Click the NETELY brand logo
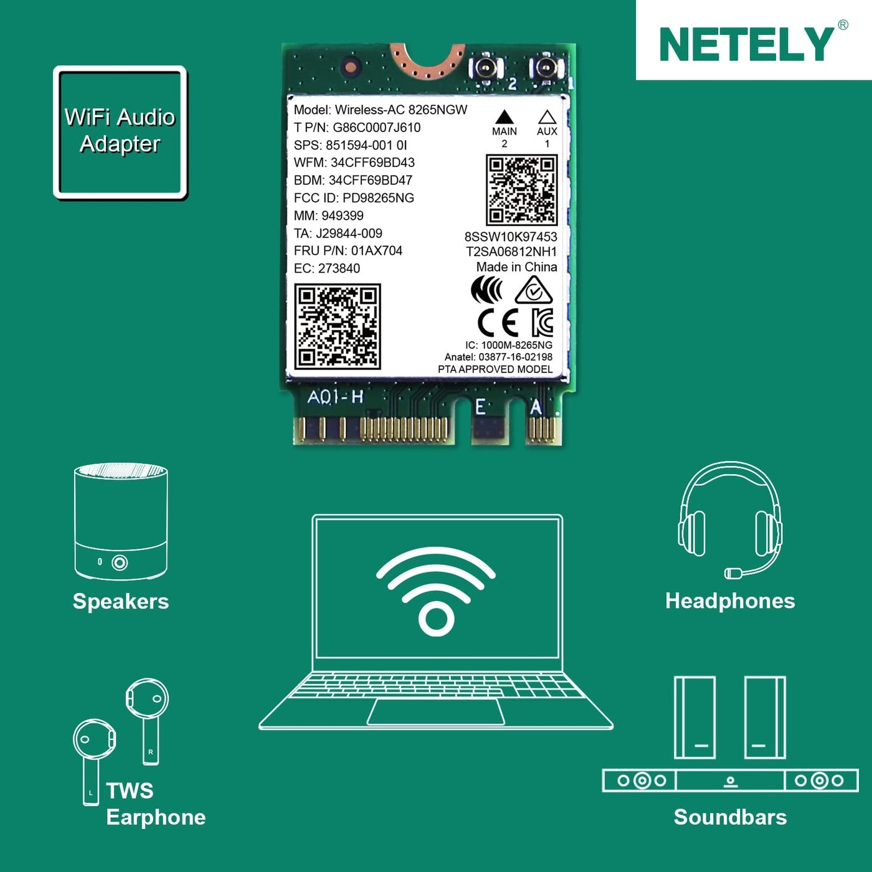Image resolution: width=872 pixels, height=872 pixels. [x=746, y=44]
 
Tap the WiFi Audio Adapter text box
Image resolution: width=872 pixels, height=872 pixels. [x=120, y=131]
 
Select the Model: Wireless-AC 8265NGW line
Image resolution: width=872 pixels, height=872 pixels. [x=380, y=110]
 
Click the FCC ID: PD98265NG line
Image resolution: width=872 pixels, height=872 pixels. [x=354, y=198]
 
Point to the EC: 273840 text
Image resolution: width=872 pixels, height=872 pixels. [x=327, y=268]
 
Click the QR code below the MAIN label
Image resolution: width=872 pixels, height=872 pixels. [x=521, y=190]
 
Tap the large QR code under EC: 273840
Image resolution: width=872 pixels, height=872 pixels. [x=337, y=326]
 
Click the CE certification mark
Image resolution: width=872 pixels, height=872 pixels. [x=498, y=323]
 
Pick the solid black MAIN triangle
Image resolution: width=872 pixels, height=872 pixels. [x=504, y=117]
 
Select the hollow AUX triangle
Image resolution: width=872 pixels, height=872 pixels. [x=547, y=117]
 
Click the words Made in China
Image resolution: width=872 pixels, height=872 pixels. [x=516, y=267]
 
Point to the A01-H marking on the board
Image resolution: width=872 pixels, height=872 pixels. [x=335, y=397]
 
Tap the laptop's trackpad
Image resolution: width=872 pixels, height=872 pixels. [x=436, y=712]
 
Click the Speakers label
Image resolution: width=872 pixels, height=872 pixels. [x=121, y=602]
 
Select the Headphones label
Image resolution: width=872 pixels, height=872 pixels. [x=730, y=601]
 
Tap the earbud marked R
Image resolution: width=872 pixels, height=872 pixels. [x=148, y=701]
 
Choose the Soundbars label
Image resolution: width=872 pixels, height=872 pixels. [x=730, y=817]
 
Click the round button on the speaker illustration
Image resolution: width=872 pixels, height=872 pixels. [x=120, y=563]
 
